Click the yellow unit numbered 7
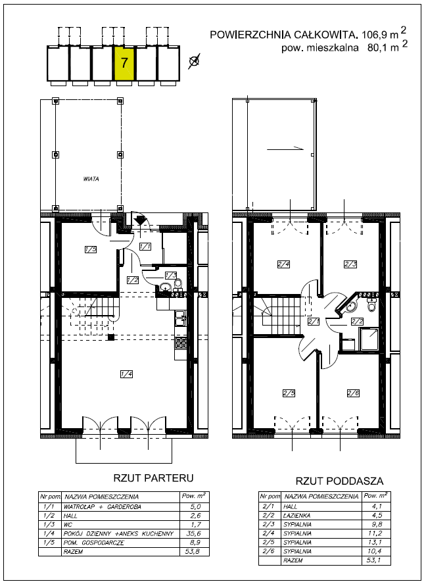[x=124, y=62]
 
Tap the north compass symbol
[x=193, y=61]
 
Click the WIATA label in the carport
[x=91, y=179]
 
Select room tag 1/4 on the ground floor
[x=127, y=374]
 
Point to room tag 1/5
[x=91, y=249]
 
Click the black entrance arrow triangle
[x=140, y=220]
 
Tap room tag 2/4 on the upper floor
[x=283, y=264]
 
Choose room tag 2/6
[x=353, y=393]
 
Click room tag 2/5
[x=289, y=393]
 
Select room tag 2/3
[x=350, y=264]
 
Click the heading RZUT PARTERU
[x=154, y=478]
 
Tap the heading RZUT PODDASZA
[x=340, y=481]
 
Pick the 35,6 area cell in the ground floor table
[x=194, y=533]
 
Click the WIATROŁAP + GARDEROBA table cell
[x=103, y=507]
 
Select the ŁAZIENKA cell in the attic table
[x=296, y=516]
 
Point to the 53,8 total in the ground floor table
[x=194, y=552]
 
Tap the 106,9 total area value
[x=375, y=35]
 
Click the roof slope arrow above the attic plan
[x=285, y=149]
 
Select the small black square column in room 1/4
[x=110, y=337]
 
